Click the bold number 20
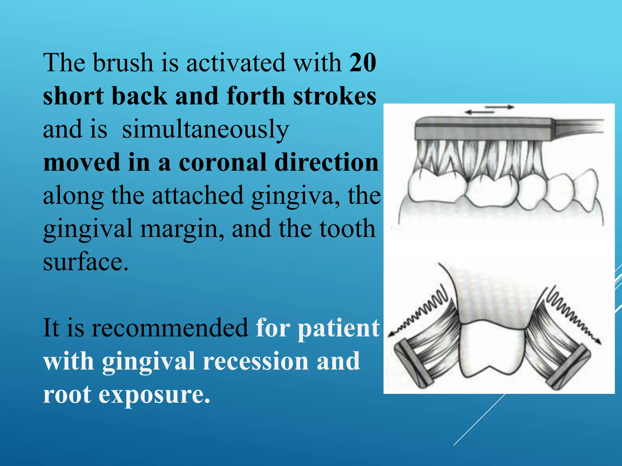pos(363,63)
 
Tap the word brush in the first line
pos(123,63)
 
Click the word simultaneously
pos(205,130)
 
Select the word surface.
pos(86,262)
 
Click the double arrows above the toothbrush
pos(489,110)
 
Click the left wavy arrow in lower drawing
pos(421,312)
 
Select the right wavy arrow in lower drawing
pos(571,316)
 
